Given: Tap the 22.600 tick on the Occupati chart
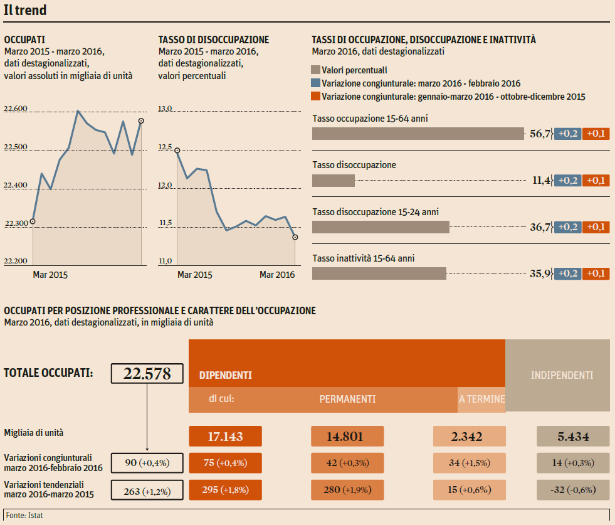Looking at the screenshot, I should point(16,109).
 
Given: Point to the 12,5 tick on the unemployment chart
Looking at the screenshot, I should point(166,147).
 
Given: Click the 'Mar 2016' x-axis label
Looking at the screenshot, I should point(277,275).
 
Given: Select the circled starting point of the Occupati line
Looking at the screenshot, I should point(33,221).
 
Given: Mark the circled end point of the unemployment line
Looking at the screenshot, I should point(295,237).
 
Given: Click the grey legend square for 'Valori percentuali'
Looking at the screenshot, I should point(316,70).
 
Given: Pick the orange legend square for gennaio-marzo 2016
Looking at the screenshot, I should point(316,97).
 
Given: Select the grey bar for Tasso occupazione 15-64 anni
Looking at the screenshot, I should point(418,134).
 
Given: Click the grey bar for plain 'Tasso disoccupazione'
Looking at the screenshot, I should point(334,181).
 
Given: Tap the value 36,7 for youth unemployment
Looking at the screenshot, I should point(540,227).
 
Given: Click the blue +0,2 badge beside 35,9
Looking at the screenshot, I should point(568,273).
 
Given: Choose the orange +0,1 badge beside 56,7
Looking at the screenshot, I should point(596,134).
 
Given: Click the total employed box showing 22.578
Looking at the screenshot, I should point(147,374).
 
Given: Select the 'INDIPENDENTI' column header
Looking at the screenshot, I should point(562,375).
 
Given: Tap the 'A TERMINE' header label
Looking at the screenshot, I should point(481,399).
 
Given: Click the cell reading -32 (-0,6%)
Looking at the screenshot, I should point(574,490).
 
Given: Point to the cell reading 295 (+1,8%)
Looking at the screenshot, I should point(225,490).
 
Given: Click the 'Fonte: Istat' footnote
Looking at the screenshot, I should point(25,516).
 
